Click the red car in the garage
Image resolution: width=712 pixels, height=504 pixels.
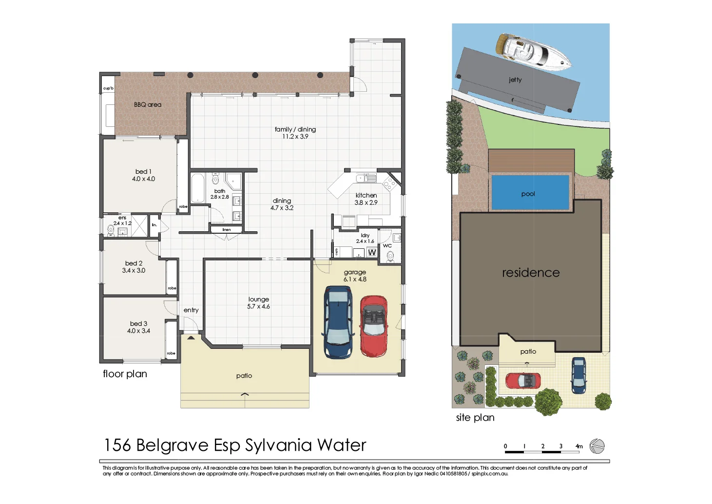pyautogui.click(x=373, y=326)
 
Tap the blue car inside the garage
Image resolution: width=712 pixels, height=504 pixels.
pyautogui.click(x=338, y=322)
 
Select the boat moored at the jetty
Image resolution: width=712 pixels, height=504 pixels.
pyautogui.click(x=533, y=55)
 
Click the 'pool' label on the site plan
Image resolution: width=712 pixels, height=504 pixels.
pyautogui.click(x=528, y=194)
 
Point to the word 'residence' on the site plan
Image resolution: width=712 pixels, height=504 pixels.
pyautogui.click(x=531, y=273)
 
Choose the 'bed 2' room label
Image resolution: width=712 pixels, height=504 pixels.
pyautogui.click(x=134, y=263)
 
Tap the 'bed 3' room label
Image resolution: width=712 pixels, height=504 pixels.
pyautogui.click(x=138, y=323)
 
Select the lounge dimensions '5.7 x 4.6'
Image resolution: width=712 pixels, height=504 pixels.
pyautogui.click(x=258, y=306)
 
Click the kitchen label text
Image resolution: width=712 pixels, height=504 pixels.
pyautogui.click(x=366, y=195)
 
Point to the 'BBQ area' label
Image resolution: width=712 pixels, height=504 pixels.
pyautogui.click(x=148, y=105)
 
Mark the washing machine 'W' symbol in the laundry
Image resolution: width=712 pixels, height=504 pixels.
pyautogui.click(x=372, y=253)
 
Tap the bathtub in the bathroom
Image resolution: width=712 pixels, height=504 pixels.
pyautogui.click(x=197, y=188)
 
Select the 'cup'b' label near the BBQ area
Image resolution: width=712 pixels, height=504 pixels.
pyautogui.click(x=108, y=88)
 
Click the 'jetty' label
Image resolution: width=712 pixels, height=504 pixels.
pyautogui.click(x=515, y=80)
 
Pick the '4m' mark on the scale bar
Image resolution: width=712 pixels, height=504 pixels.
pyautogui.click(x=579, y=446)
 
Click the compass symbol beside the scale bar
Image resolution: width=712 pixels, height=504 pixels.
pyautogui.click(x=597, y=446)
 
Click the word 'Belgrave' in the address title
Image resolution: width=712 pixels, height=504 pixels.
pyautogui.click(x=173, y=445)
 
